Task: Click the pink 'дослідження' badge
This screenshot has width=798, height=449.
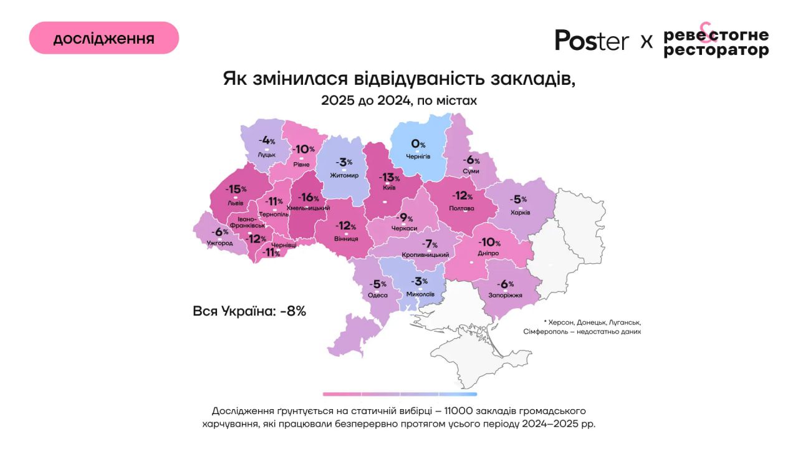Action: tap(104, 38)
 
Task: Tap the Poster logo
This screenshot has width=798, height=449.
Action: tap(592, 40)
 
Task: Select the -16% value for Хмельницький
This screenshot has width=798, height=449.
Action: tap(309, 197)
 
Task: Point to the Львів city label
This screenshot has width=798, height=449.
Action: tap(236, 203)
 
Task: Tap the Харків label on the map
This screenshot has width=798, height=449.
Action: tap(520, 213)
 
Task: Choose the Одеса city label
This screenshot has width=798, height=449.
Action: tap(378, 296)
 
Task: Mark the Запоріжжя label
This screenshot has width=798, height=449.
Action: tap(505, 296)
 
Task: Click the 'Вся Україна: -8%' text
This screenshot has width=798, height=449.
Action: tap(249, 311)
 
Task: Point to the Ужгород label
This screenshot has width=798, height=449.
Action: tap(219, 243)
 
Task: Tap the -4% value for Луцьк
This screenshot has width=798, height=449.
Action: tap(268, 140)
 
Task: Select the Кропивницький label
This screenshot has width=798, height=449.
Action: tap(426, 255)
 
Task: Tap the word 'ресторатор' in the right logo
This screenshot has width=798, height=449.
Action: tap(716, 51)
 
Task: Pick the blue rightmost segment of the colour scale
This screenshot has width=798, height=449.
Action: tap(458, 394)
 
